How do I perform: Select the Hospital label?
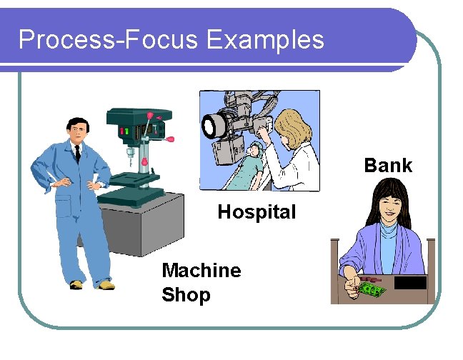point(256,212)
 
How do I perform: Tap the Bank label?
point(388,165)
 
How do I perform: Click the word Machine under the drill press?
point(201,270)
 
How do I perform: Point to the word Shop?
point(186,295)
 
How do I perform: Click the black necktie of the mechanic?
point(77,152)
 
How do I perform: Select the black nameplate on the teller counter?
point(410,282)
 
